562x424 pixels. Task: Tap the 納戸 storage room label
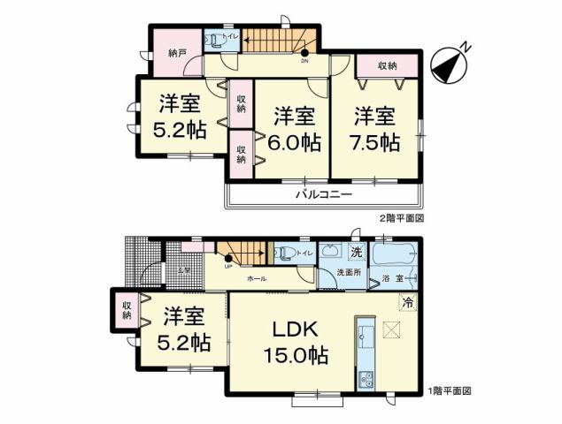177,53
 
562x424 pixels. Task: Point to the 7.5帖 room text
377,128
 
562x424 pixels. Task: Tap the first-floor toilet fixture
285,253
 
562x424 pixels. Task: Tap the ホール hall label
258,277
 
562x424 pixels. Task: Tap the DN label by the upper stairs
304,62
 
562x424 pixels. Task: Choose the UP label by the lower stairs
228,267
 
